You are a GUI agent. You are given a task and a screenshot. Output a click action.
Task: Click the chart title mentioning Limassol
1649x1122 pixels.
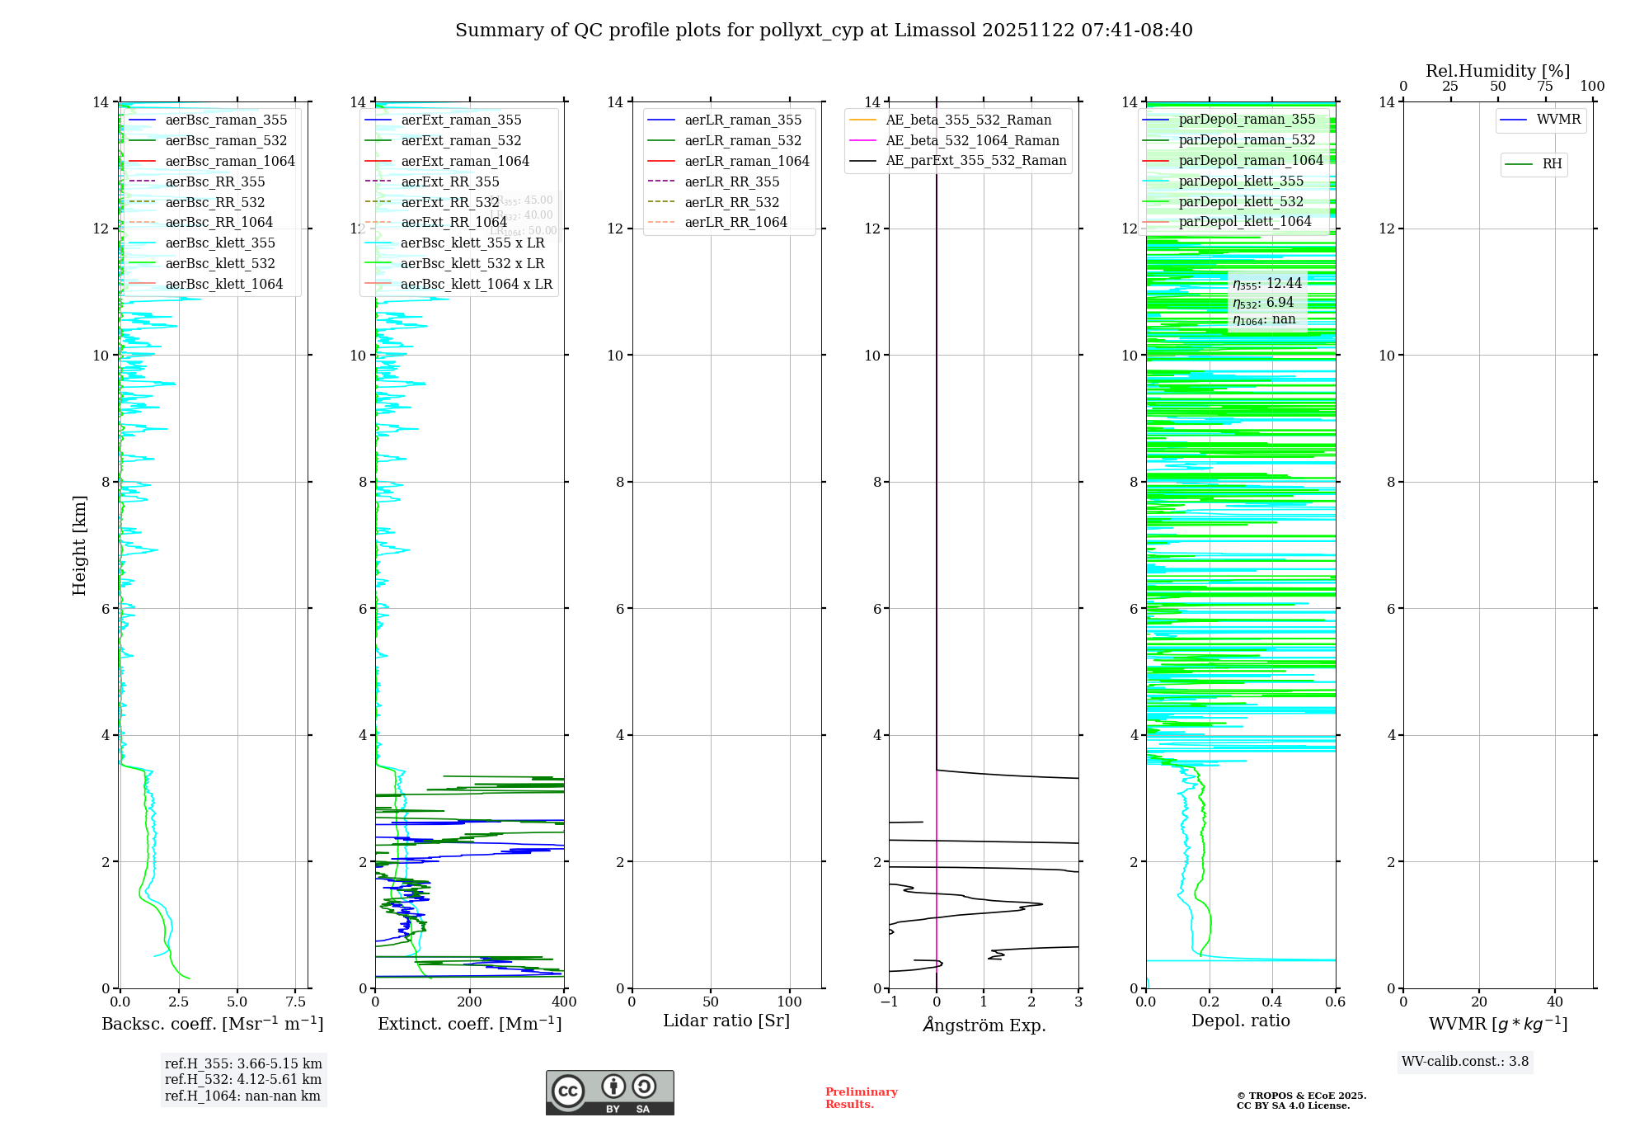(x=824, y=31)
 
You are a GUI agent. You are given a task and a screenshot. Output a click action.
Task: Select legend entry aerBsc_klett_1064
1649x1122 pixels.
(x=223, y=284)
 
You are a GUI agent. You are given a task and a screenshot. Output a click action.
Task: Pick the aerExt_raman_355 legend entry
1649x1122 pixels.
(x=461, y=120)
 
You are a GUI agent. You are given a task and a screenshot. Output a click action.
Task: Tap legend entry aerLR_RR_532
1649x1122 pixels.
(x=731, y=202)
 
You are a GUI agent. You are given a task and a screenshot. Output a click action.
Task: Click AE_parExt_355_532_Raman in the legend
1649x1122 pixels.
(x=975, y=161)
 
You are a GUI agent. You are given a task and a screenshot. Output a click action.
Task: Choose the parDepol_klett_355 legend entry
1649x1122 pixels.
(x=1241, y=181)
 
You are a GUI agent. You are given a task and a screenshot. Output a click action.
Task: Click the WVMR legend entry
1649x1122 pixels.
(x=1557, y=120)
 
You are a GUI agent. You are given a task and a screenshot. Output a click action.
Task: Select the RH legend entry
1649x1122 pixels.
(x=1551, y=164)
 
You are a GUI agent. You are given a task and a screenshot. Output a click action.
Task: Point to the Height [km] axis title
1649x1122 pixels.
(x=79, y=545)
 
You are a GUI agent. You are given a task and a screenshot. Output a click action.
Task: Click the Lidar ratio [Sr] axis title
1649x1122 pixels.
(x=726, y=1021)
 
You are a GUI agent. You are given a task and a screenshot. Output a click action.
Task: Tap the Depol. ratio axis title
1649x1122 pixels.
(x=1240, y=1021)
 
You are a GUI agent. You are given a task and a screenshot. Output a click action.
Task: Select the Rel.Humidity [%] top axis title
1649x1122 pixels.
(x=1497, y=71)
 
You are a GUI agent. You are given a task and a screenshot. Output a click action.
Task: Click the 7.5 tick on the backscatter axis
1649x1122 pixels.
(x=296, y=1002)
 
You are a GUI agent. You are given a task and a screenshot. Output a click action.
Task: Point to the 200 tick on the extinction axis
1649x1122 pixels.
(x=470, y=1002)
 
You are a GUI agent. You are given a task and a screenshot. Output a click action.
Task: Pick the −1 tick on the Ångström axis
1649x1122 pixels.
(x=889, y=1002)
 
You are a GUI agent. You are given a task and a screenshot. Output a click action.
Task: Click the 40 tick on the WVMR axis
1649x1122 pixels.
(x=1555, y=1002)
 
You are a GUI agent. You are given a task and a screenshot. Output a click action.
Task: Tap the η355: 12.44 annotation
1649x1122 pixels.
(x=1267, y=284)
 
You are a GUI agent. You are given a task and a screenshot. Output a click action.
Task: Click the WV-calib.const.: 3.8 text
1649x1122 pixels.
(x=1465, y=1062)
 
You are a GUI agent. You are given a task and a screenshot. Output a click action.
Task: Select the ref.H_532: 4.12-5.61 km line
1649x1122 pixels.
(x=243, y=1080)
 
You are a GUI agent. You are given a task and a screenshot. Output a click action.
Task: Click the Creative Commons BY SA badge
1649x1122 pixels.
(x=609, y=1093)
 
